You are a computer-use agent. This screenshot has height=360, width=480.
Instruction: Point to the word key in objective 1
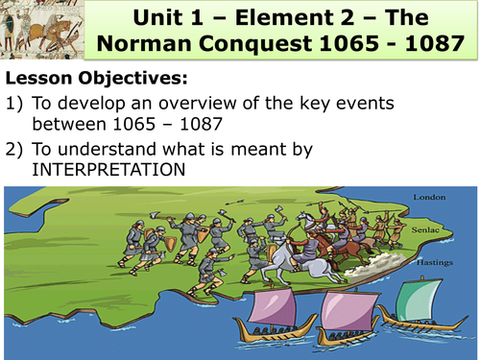coord(334,106)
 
